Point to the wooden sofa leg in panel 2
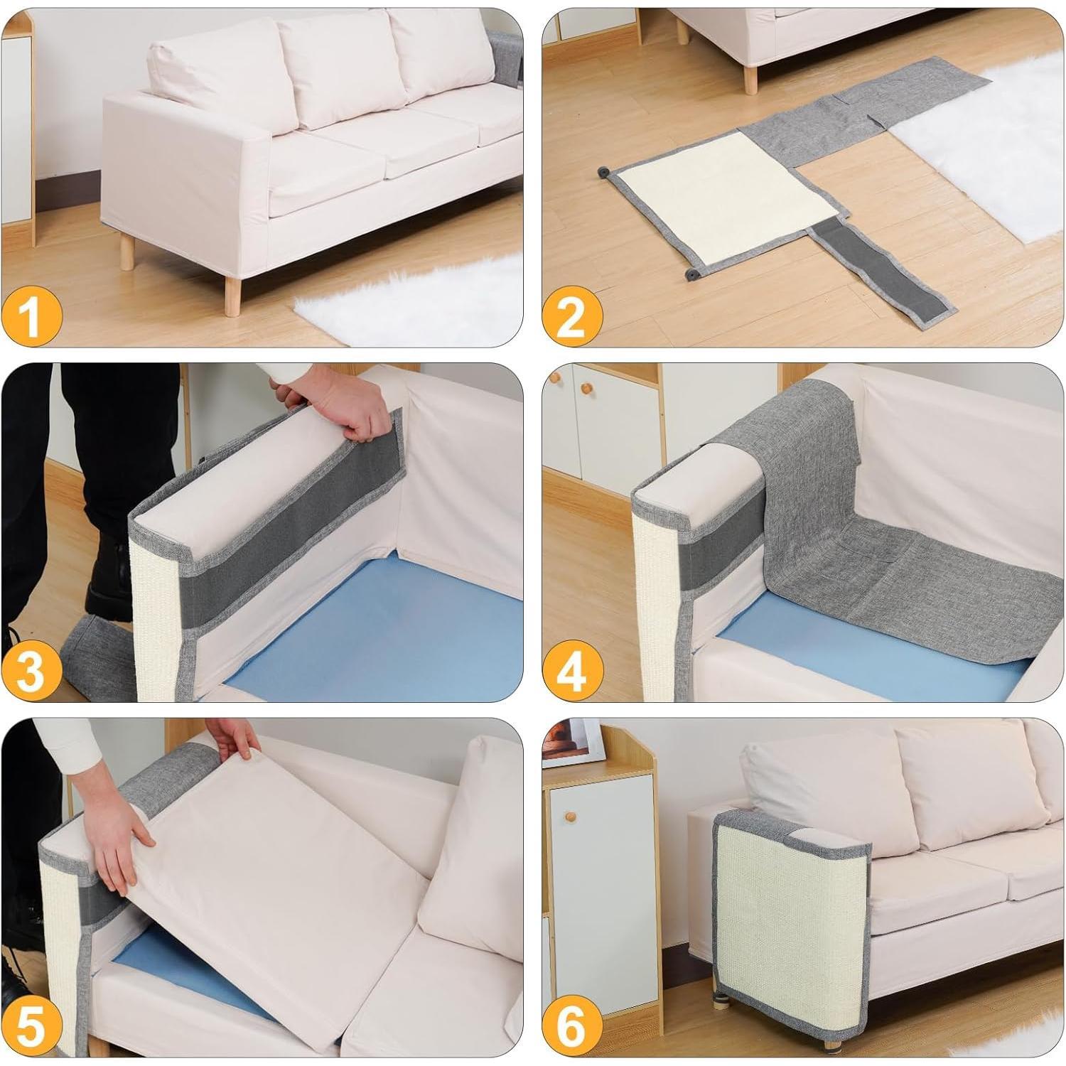pyautogui.click(x=750, y=75)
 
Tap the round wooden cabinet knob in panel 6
pyautogui.click(x=571, y=817)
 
